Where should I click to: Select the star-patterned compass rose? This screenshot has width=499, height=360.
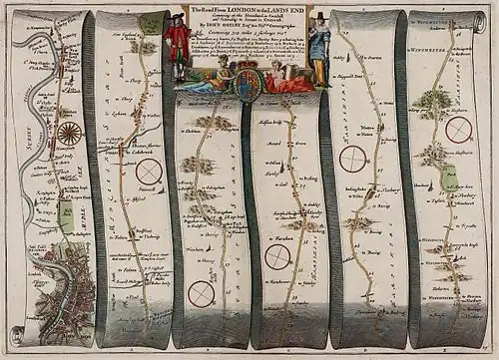point(69,132)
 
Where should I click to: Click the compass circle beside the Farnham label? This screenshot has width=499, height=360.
point(278,256)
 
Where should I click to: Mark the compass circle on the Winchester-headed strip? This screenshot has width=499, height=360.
point(458,130)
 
